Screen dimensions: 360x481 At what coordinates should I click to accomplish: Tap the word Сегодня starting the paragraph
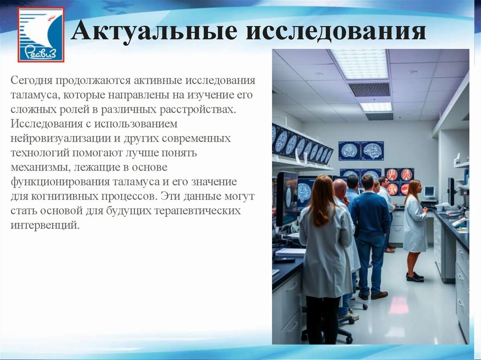[x=31, y=80]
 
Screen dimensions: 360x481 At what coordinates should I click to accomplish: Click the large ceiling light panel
[x=361, y=64]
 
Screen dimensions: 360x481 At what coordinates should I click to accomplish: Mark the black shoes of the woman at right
[x=414, y=276]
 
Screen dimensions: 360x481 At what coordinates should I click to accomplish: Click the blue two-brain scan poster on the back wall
[x=361, y=151]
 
